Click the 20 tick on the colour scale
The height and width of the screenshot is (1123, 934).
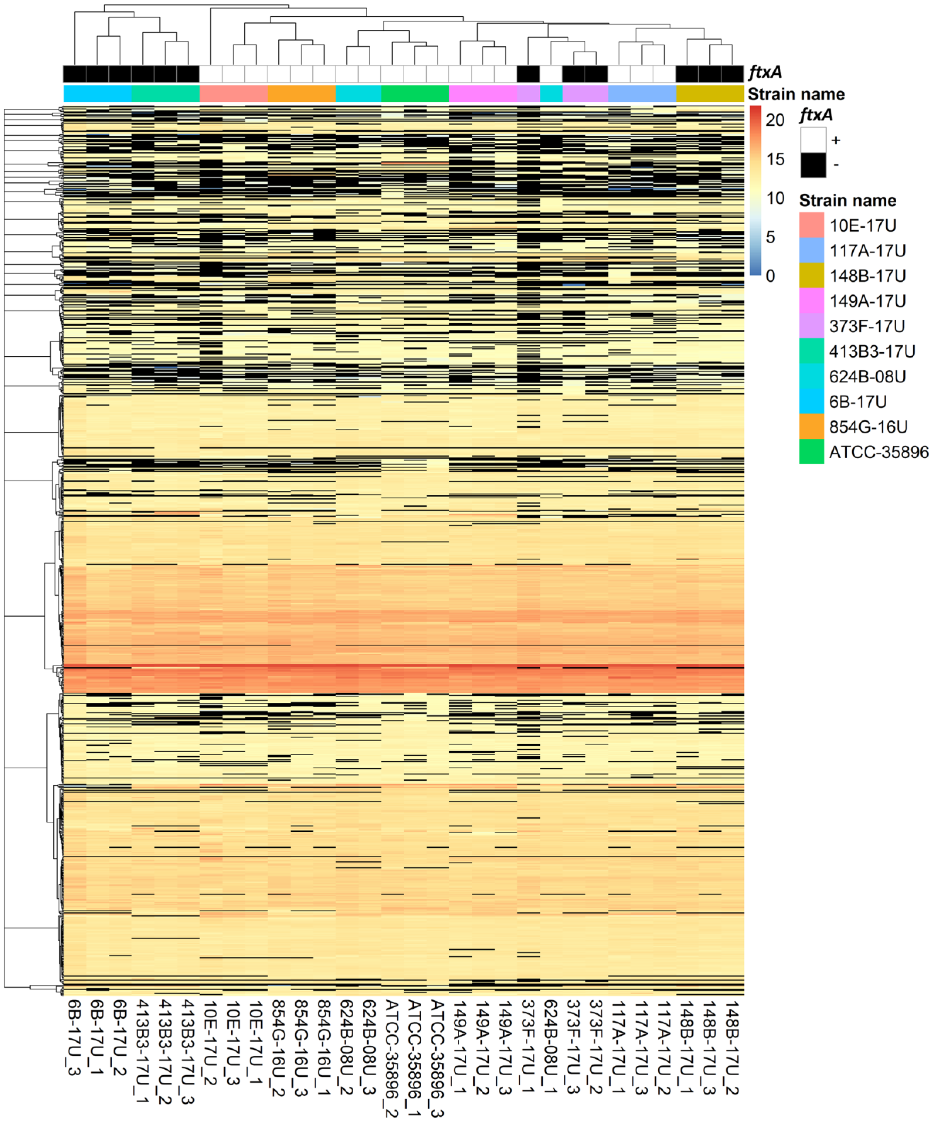tap(774, 120)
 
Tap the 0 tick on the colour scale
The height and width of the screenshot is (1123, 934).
tap(770, 276)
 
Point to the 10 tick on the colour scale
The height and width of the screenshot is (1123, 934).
tap(774, 198)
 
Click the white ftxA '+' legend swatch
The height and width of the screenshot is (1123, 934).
tap(813, 140)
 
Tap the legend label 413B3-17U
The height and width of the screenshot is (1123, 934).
tap(872, 351)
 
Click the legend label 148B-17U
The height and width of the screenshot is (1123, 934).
tap(867, 276)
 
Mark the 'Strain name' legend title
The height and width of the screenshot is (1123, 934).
tap(847, 201)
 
